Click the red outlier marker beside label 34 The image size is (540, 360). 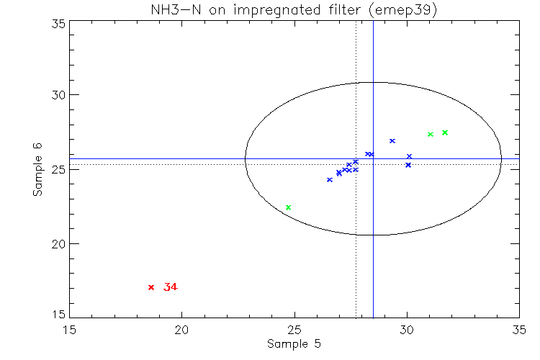151,287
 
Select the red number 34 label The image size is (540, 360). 171,287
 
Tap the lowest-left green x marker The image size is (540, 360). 288,207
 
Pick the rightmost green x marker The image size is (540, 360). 445,132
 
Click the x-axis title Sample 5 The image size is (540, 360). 294,343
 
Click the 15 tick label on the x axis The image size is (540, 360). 69,328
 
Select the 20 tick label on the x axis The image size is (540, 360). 181,328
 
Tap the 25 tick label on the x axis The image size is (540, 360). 294,328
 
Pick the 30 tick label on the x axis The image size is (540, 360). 407,328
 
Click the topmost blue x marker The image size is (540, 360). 392,140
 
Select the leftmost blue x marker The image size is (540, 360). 330,179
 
